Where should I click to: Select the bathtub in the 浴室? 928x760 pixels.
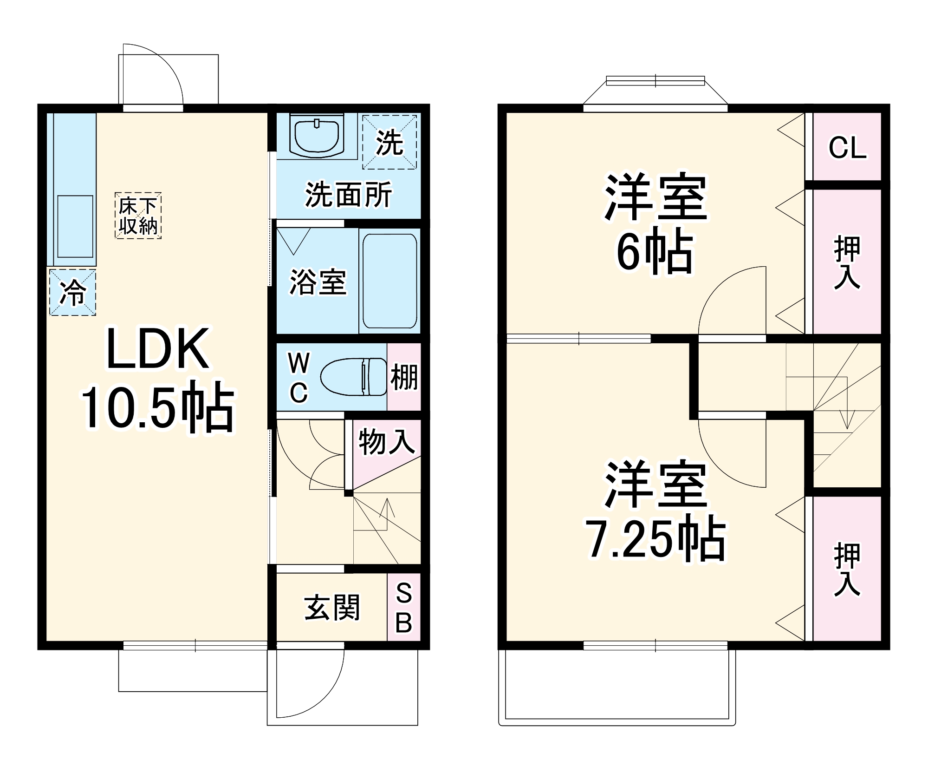(389, 281)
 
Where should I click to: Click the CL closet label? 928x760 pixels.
(847, 148)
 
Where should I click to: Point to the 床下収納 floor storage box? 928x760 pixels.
(138, 216)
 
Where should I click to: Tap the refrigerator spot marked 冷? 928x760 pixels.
(73, 293)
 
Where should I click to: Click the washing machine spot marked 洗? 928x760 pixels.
(389, 142)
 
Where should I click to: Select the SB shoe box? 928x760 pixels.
(404, 607)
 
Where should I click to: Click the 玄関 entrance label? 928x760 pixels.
(332, 607)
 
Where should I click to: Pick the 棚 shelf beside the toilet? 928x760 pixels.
(404, 377)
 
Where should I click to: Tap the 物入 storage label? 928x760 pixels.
(386, 441)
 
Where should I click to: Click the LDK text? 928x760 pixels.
(158, 349)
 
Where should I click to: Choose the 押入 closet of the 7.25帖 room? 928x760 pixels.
(847, 569)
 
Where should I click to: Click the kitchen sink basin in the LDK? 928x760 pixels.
(75, 226)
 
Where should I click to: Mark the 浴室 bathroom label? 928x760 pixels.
(318, 282)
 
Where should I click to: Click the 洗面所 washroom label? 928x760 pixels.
(348, 194)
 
